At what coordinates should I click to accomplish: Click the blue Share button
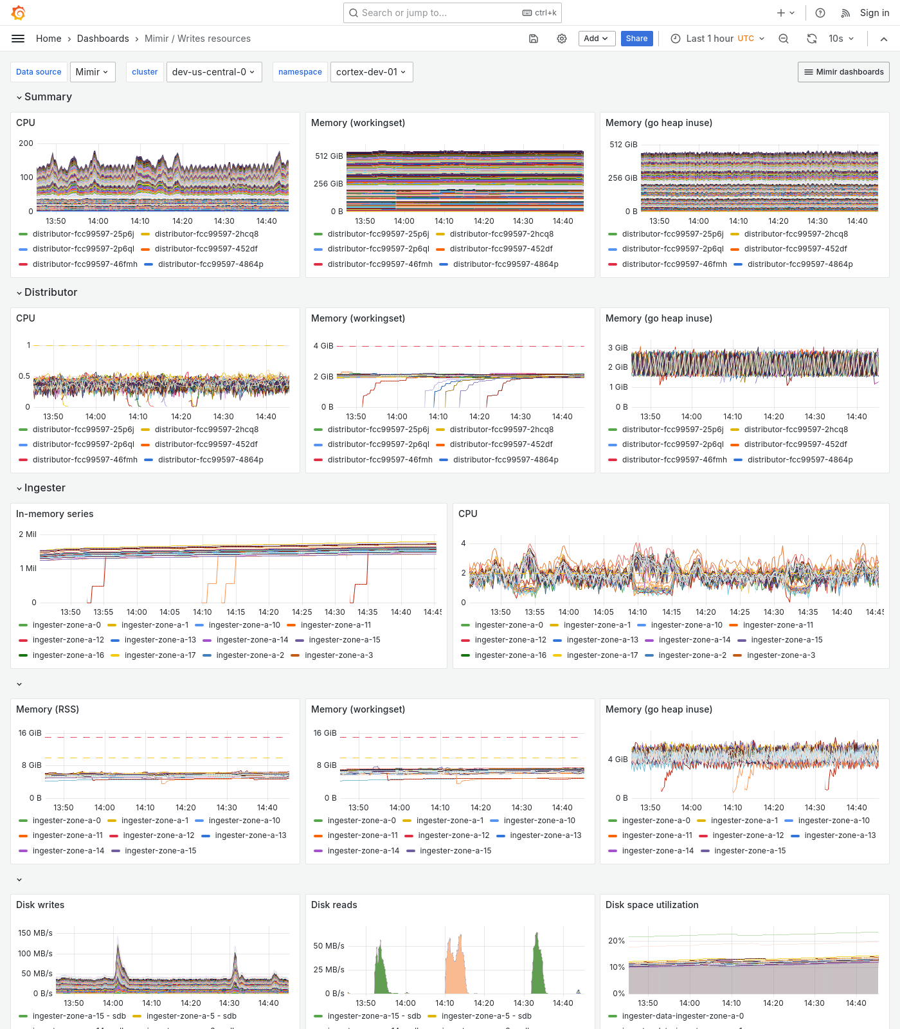point(636,39)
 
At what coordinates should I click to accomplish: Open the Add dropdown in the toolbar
point(596,39)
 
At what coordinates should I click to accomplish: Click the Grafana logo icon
point(19,13)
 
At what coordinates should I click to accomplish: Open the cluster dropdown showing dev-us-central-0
point(213,72)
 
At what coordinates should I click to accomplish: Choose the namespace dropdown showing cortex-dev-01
point(371,72)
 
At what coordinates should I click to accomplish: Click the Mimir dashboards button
point(843,72)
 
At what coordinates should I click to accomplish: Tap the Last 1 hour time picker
point(717,39)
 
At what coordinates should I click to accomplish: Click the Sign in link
point(874,13)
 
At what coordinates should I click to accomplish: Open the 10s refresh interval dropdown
point(841,39)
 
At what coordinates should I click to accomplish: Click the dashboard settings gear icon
point(562,39)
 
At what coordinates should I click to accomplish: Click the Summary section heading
point(48,97)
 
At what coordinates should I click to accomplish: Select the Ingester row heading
point(44,488)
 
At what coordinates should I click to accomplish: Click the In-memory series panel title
point(55,514)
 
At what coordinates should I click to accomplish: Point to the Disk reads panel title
point(334,905)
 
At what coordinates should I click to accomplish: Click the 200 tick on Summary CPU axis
point(26,143)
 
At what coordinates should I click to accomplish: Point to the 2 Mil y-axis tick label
point(28,534)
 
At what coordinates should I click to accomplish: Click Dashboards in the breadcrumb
point(103,39)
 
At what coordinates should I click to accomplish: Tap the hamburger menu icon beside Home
point(18,39)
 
